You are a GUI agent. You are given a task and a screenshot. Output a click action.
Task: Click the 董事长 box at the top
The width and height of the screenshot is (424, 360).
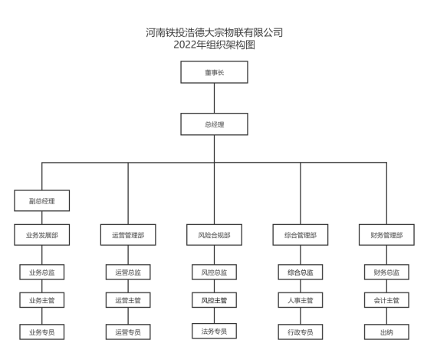214,72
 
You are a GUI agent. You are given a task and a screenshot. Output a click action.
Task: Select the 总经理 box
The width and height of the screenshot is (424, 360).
214,124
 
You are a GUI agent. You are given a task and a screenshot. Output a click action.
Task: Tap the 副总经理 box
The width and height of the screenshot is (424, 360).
42,200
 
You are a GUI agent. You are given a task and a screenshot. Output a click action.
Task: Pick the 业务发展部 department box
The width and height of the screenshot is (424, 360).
42,235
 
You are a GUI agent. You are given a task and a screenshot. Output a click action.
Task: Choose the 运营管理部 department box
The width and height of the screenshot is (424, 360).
128,235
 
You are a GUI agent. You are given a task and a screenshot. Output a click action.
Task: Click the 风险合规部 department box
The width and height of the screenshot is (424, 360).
214,235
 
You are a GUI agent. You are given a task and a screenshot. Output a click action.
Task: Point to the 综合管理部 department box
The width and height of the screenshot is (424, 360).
301,235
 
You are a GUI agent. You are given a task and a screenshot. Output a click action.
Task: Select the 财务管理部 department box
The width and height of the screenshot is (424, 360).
386,235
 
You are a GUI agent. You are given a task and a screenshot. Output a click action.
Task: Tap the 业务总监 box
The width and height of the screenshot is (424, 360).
42,272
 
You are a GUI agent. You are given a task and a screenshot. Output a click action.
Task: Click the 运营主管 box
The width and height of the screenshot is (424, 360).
128,300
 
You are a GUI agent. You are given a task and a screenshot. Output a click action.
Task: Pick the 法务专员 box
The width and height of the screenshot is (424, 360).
214,331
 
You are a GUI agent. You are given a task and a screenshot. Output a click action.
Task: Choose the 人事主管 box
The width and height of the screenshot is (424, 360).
301,300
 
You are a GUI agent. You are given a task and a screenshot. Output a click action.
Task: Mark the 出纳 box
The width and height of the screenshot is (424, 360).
386,332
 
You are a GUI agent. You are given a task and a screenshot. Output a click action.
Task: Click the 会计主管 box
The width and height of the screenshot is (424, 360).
386,300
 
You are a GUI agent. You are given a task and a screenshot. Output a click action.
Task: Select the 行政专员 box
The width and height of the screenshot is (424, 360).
301,332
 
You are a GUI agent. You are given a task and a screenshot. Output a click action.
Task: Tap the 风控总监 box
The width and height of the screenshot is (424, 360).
214,272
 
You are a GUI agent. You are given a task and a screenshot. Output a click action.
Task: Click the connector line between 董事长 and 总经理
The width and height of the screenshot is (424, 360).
214,98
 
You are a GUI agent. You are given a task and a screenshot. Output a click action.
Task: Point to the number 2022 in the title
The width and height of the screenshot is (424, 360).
185,45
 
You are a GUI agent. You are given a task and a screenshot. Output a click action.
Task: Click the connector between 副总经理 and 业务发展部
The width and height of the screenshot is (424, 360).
42,218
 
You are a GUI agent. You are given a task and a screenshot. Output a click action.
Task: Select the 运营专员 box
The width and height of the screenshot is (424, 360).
128,332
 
